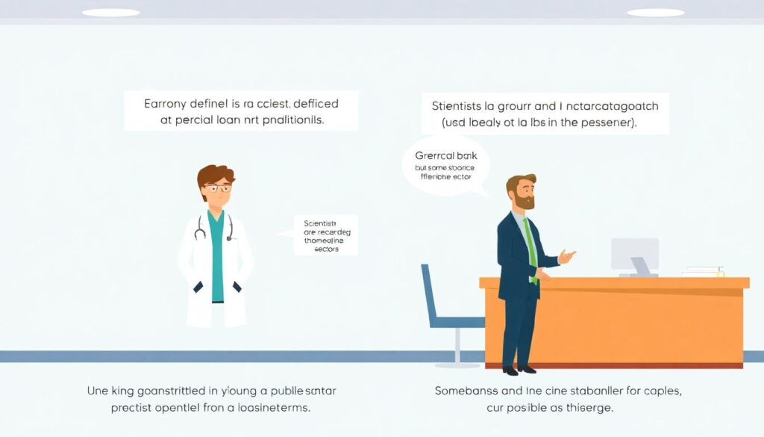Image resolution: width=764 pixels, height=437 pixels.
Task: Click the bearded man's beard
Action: (x=525, y=201)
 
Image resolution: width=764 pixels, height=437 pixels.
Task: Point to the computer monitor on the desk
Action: (x=634, y=254)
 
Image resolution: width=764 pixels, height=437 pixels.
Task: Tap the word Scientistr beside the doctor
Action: (x=321, y=223)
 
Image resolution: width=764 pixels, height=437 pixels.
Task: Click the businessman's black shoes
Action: (x=519, y=369)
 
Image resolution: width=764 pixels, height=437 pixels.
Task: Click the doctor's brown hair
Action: (x=215, y=174)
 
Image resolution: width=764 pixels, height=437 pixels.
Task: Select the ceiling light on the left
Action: (x=110, y=13)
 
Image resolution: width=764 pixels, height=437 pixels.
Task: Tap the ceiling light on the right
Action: (x=656, y=13)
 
